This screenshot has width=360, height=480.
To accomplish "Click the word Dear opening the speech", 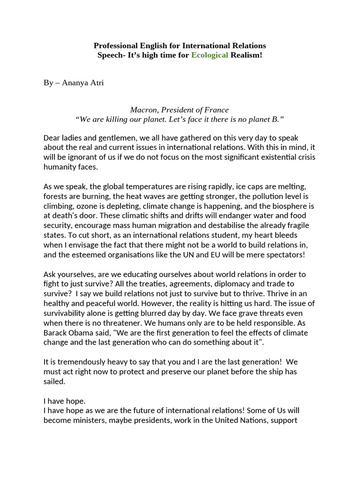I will (52, 138).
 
